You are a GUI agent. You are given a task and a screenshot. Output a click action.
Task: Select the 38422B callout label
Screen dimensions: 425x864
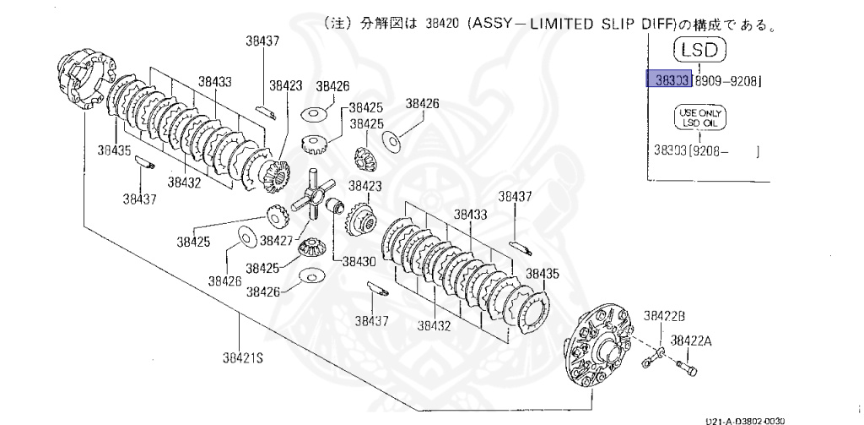[665, 315]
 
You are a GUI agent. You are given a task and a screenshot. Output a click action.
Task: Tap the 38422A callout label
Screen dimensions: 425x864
[691, 341]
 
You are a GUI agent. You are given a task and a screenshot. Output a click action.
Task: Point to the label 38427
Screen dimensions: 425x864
[276, 241]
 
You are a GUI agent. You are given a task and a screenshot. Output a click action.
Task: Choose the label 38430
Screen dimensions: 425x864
[359, 261]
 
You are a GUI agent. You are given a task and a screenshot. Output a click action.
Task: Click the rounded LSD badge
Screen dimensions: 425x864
[699, 49]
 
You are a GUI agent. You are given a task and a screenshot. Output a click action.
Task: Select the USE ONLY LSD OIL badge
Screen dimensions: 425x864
[699, 117]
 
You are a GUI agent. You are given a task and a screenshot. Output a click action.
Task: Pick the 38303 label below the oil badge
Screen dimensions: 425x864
[669, 152]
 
